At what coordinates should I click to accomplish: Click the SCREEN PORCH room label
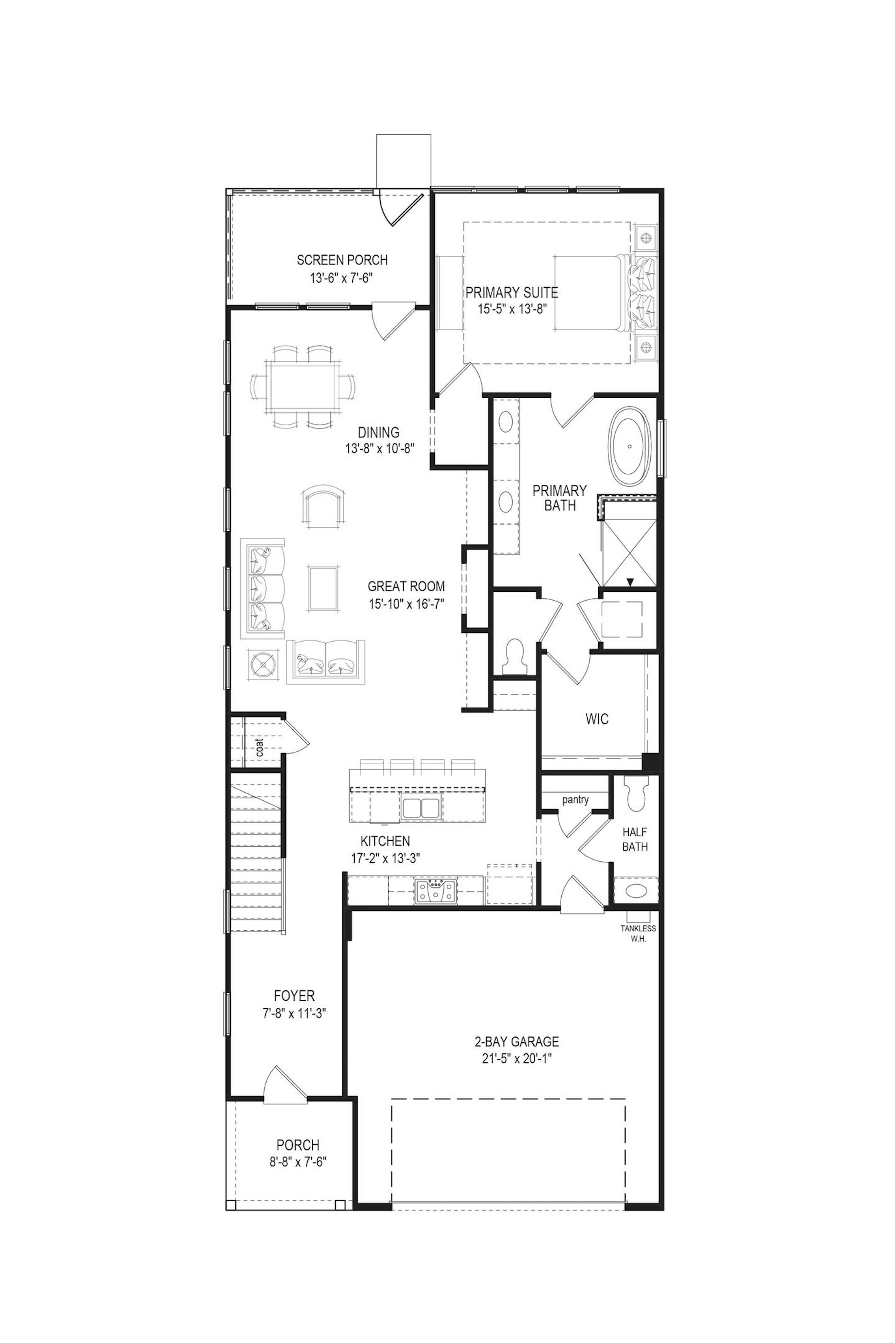342,260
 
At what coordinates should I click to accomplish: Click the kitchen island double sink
420,809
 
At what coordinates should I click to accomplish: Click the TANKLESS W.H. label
638,933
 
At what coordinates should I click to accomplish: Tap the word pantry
575,799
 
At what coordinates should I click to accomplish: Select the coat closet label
259,748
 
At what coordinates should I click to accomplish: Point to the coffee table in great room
324,588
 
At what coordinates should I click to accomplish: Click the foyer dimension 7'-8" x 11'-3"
294,1013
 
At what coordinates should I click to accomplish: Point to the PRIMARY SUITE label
511,293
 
